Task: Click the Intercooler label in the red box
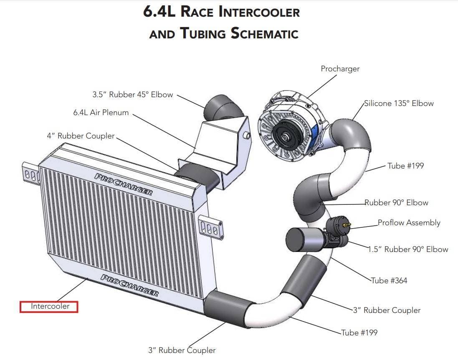(x=50, y=306)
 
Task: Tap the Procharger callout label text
(x=340, y=69)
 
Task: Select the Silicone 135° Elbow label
(x=399, y=103)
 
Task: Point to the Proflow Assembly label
(x=409, y=223)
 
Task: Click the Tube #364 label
(x=389, y=281)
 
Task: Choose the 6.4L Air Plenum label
(x=101, y=112)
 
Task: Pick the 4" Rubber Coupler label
(x=81, y=136)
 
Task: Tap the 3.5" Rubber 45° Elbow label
(x=133, y=95)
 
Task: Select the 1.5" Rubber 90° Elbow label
(x=408, y=249)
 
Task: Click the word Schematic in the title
(x=264, y=33)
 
